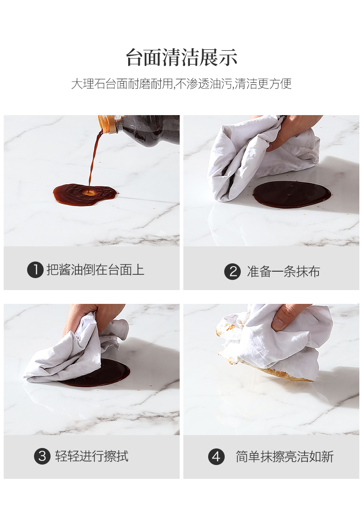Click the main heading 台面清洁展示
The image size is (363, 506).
[x=181, y=58]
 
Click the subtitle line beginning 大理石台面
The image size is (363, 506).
[x=181, y=84]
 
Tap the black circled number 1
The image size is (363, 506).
[x=35, y=270]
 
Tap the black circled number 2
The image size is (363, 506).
[x=232, y=271]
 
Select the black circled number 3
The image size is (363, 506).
[x=42, y=456]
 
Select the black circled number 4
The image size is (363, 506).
[x=216, y=457]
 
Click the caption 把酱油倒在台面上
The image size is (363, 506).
[x=95, y=270]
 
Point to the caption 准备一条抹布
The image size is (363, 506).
[x=284, y=271]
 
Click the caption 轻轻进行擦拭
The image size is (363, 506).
[x=92, y=456]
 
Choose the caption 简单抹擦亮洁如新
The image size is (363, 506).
[x=284, y=457]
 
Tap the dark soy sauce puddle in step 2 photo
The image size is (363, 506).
[x=291, y=194]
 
